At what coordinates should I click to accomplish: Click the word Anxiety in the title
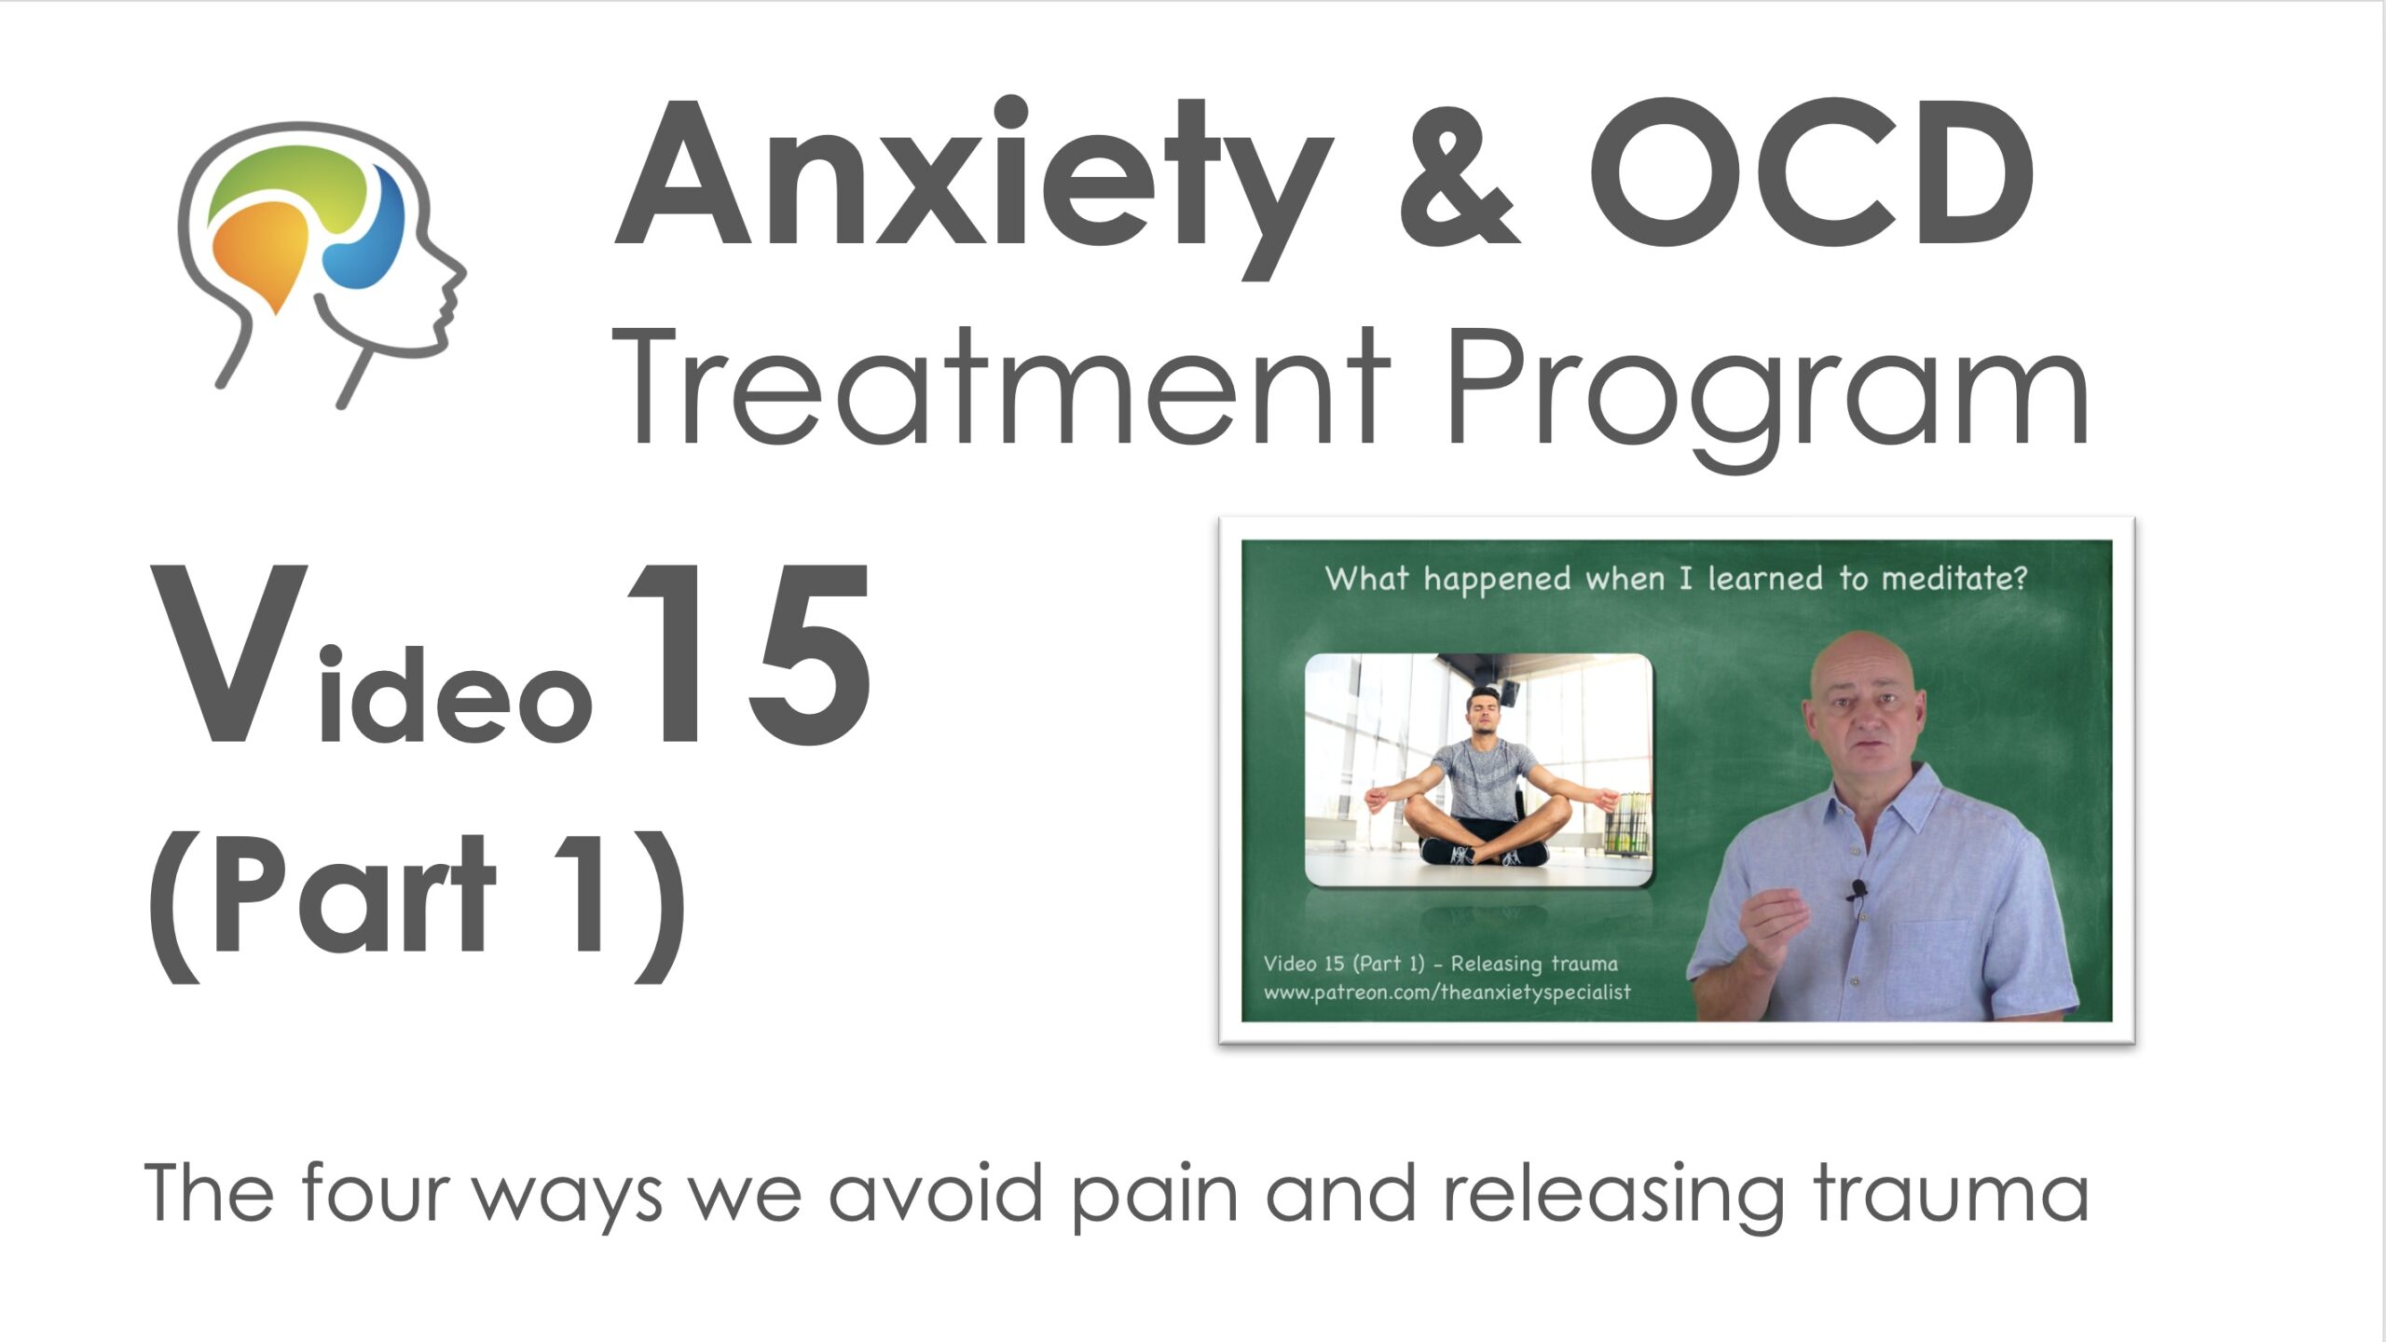pos(974,186)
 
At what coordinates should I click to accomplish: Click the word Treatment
pos(1002,387)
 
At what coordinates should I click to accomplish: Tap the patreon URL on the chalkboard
pos(1447,993)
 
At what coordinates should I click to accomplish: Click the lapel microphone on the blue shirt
pos(1858,890)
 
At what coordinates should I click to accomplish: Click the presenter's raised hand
pos(1766,932)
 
